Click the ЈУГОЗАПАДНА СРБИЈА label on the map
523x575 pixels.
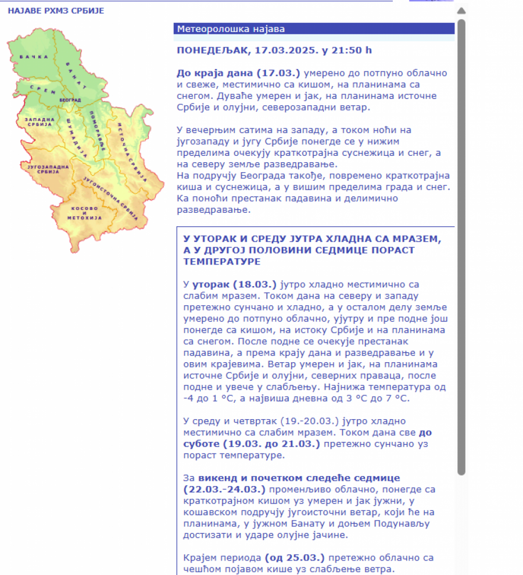coord(51,169)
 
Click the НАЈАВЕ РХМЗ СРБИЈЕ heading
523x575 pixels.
coord(56,10)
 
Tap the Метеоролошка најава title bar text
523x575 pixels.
coord(231,29)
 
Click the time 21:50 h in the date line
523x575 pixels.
coord(351,50)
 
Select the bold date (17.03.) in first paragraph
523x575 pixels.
coord(281,73)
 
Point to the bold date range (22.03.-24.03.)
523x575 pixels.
coord(224,490)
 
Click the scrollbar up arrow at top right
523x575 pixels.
coord(461,10)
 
